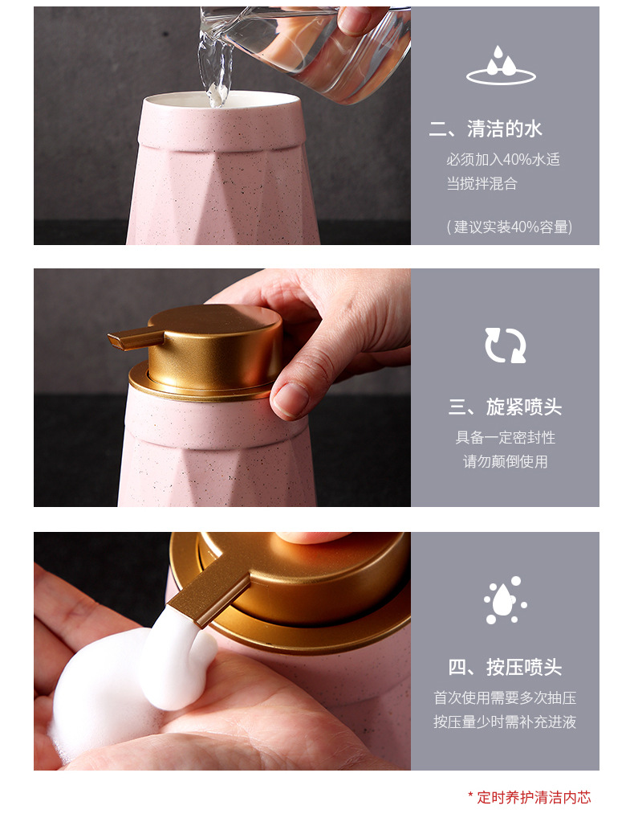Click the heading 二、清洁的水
pos(486,129)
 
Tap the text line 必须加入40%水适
pos(503,159)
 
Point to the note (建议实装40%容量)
pos(509,227)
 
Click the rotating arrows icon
pos(505,345)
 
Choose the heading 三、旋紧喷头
pos(505,407)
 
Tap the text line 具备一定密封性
pos(505,437)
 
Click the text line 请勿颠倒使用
pos(505,461)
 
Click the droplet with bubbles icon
pos(505,599)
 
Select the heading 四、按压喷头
pos(505,668)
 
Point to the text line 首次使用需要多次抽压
pos(505,697)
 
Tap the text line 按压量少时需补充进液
pos(505,722)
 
